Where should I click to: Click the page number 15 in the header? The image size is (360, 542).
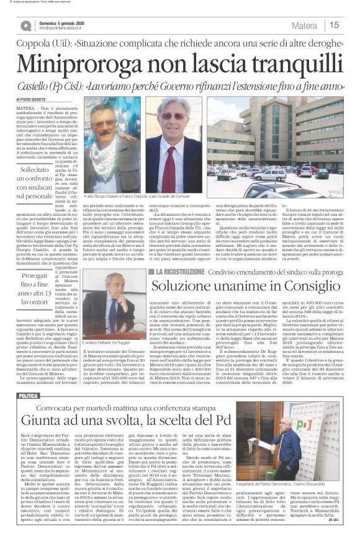point(334,25)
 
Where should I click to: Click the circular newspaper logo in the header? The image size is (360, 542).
point(25,25)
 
